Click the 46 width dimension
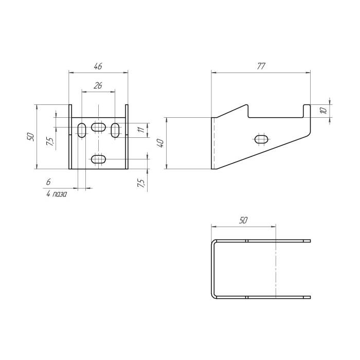tap(98, 66)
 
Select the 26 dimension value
tap(98, 86)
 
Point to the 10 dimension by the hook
tap(322, 110)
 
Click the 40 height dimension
tap(160, 143)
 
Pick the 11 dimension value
tap(139, 131)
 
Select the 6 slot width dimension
tap(48, 182)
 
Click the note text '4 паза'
tap(57, 194)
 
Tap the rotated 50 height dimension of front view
tap(30, 137)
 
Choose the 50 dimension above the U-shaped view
tap(243, 220)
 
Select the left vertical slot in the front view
tap(82, 130)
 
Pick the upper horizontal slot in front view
tap(98, 127)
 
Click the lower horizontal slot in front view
tap(98, 159)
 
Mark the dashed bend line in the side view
tap(214, 143)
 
